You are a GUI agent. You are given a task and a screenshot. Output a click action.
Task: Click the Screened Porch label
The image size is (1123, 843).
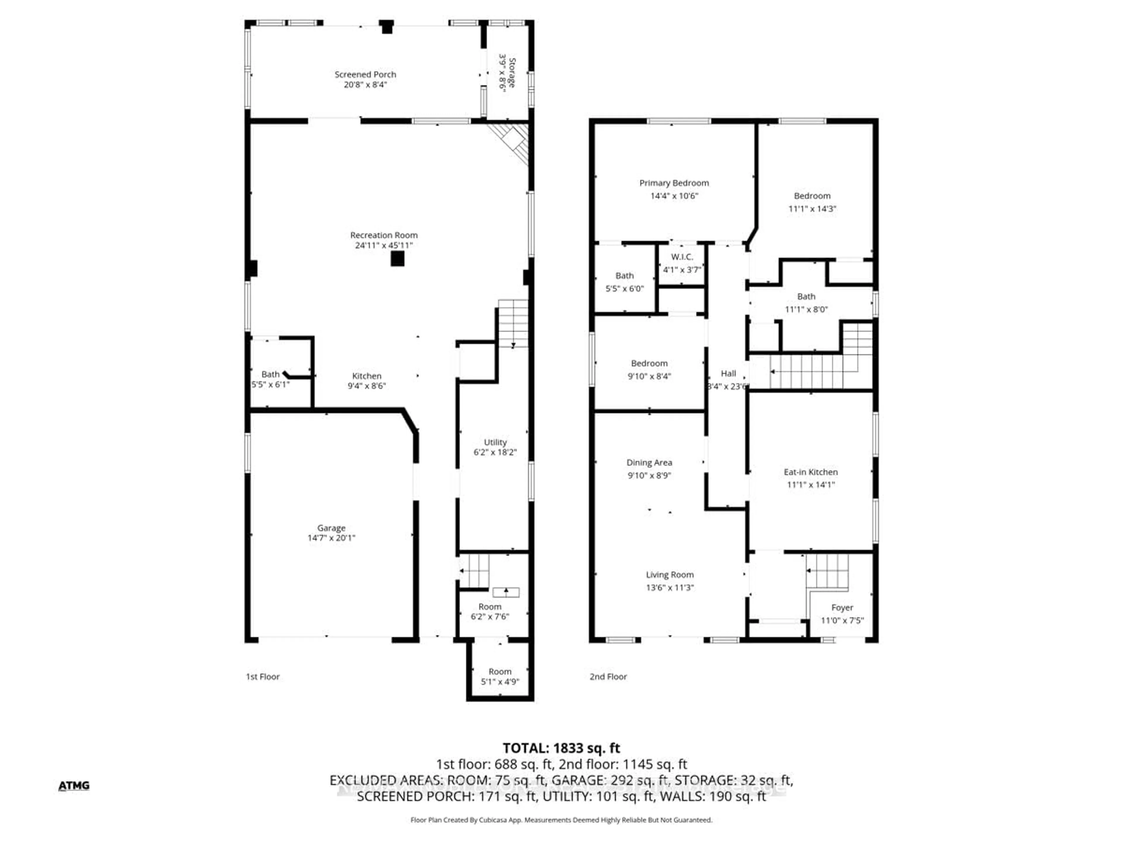pyautogui.click(x=365, y=74)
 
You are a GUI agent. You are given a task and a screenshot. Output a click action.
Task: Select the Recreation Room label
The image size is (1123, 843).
pyautogui.click(x=383, y=235)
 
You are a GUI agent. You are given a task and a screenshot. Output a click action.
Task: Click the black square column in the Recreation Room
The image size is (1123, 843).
pyautogui.click(x=397, y=259)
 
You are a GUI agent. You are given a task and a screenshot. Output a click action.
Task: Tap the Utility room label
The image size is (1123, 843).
pyautogui.click(x=495, y=442)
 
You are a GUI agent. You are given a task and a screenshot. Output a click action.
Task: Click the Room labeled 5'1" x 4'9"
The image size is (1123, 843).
pyautogui.click(x=500, y=676)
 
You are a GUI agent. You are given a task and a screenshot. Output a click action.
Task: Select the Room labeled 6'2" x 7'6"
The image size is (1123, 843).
pyautogui.click(x=490, y=611)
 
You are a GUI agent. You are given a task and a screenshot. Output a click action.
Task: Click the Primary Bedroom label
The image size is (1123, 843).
pyautogui.click(x=674, y=183)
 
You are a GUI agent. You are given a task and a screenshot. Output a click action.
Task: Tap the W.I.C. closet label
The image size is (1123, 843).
pyautogui.click(x=681, y=257)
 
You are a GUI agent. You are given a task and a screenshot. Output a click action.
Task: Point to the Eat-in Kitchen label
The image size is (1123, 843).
pyautogui.click(x=810, y=472)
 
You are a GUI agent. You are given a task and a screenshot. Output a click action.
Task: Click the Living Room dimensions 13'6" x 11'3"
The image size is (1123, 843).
pyautogui.click(x=670, y=587)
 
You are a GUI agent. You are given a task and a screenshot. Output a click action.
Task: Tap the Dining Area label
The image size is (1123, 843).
pyautogui.click(x=649, y=462)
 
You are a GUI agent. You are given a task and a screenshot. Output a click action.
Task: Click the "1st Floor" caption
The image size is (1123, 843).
pyautogui.click(x=263, y=676)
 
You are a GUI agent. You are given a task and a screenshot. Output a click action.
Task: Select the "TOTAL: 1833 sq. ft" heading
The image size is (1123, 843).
pyautogui.click(x=561, y=748)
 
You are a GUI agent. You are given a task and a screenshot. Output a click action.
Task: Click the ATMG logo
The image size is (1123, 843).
pyautogui.click(x=74, y=786)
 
